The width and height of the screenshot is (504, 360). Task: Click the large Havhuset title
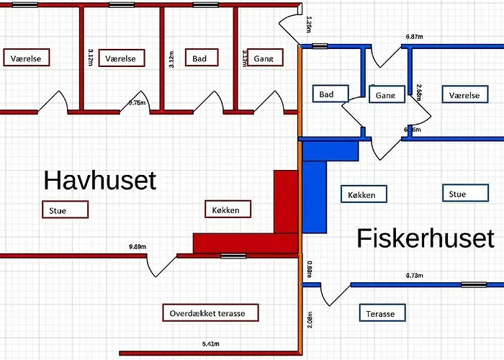(x=99, y=180)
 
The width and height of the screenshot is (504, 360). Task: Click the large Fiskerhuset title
(x=426, y=238)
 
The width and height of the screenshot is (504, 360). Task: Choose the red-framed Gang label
(x=263, y=58)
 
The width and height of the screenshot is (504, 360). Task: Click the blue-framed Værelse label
(x=464, y=95)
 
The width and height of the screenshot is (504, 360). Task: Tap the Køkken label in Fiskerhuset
(x=362, y=194)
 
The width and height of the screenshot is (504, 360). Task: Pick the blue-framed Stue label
(x=457, y=194)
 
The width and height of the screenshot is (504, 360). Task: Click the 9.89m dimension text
(x=138, y=247)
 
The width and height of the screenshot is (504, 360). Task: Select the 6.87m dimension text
(x=413, y=36)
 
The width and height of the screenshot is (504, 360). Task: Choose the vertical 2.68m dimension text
(x=419, y=95)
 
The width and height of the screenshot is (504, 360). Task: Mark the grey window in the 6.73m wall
(x=473, y=284)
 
